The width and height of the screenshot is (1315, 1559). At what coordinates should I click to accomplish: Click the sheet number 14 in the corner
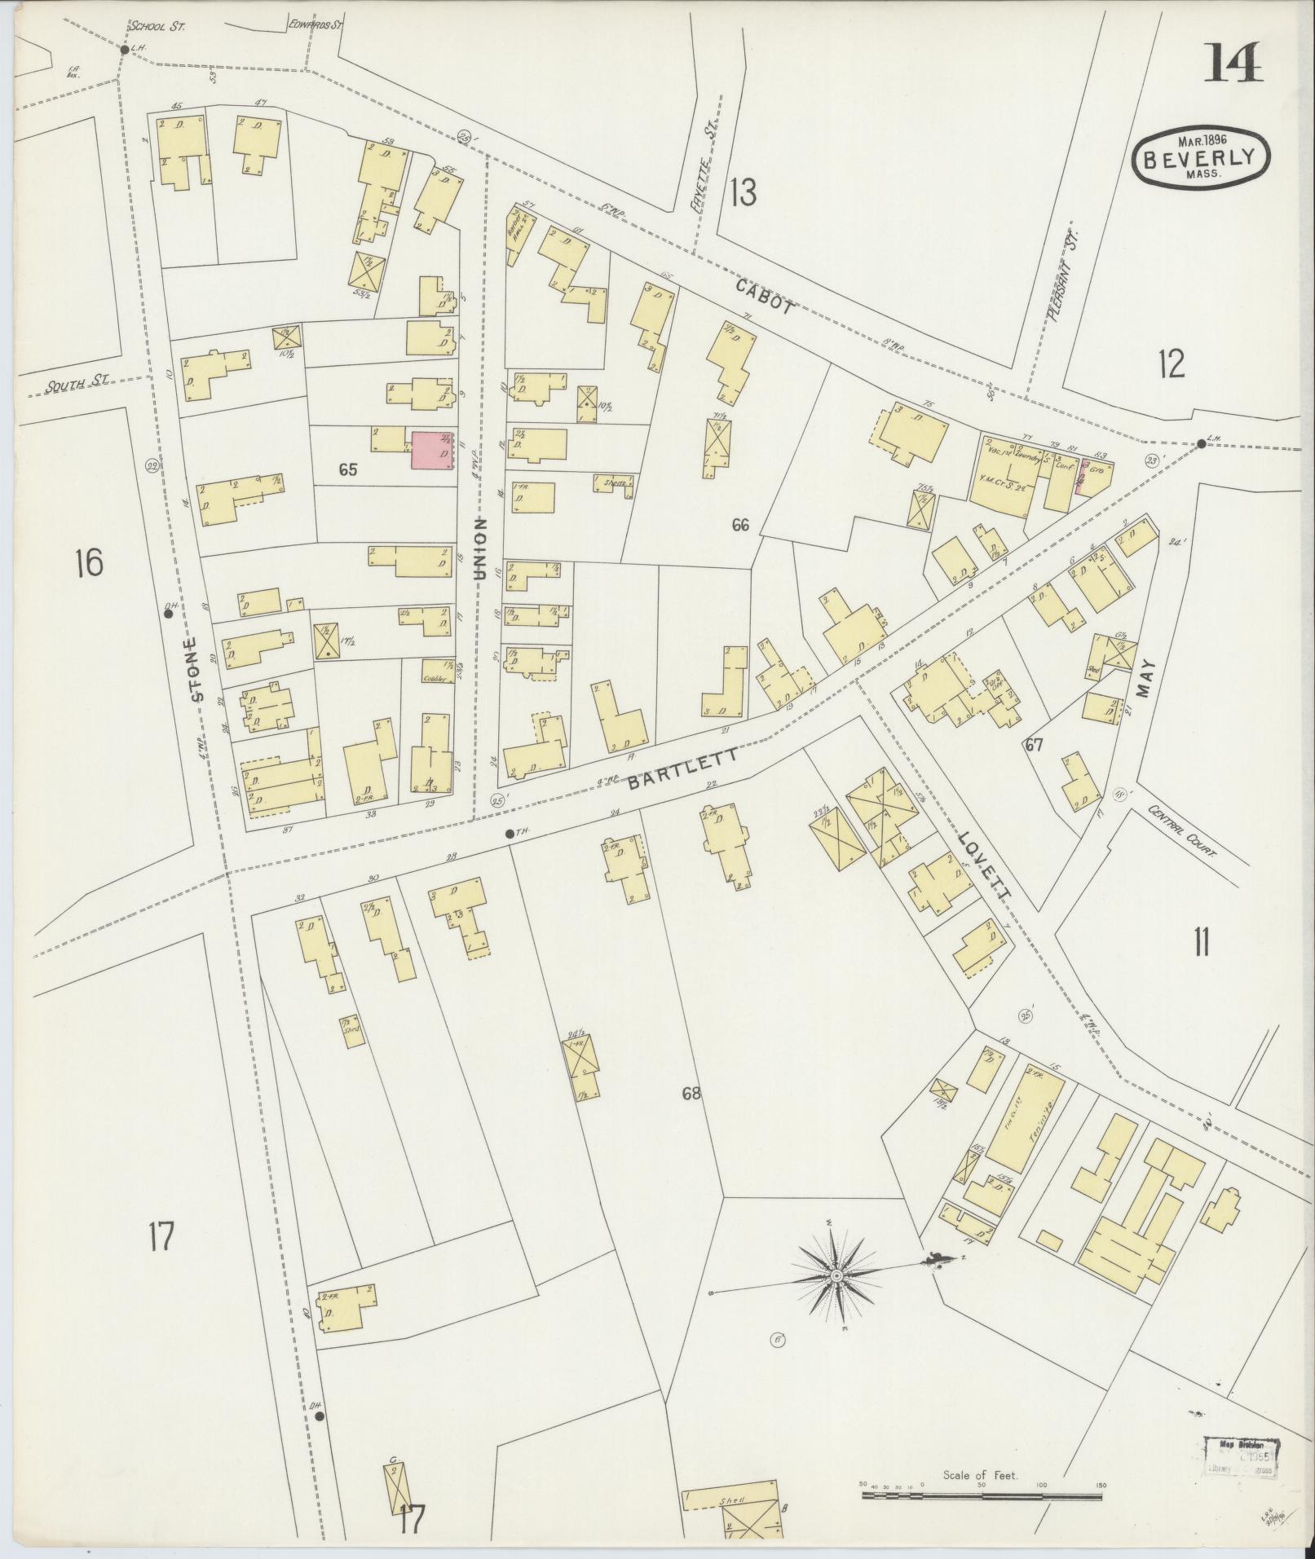[1233, 63]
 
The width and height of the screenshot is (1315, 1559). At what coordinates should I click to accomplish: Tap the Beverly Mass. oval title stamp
[1201, 159]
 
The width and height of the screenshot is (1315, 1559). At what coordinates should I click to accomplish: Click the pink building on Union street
[432, 451]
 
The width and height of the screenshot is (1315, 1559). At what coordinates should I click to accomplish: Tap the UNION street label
[480, 548]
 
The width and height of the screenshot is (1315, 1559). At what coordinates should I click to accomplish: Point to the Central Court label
[1181, 833]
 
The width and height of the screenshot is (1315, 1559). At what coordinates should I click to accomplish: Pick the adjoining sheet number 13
[742, 193]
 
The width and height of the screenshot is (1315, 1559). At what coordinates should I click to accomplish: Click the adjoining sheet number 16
[88, 562]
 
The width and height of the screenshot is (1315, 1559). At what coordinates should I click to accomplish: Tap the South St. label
[68, 386]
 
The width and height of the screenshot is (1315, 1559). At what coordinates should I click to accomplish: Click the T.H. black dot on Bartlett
[509, 833]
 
